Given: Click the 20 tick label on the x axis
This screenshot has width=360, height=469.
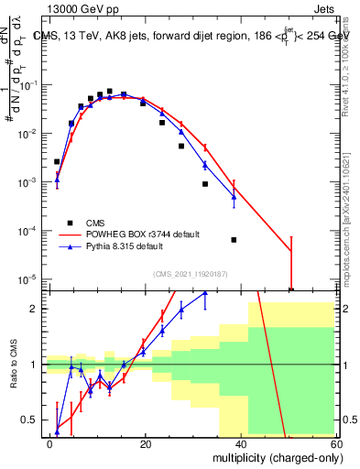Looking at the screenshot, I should (146, 443).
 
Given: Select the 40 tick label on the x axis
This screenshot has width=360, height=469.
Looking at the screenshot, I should (241, 443).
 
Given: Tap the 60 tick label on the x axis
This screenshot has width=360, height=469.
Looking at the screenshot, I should (335, 443).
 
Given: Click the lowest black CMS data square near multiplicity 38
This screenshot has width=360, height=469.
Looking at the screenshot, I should (234, 240).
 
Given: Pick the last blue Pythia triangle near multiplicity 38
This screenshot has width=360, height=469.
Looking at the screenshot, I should (234, 197).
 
